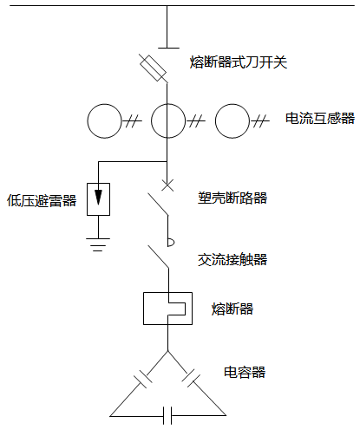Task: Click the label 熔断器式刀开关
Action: (x=238, y=62)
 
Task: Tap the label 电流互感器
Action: (x=320, y=119)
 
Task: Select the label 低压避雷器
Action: (x=41, y=201)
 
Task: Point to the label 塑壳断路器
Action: (x=232, y=198)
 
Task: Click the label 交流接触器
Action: (x=232, y=259)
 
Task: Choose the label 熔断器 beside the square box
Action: (x=232, y=309)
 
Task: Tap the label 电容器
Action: (x=245, y=373)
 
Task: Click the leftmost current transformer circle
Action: (x=103, y=120)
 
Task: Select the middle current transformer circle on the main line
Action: (x=167, y=120)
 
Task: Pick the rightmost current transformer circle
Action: (x=232, y=120)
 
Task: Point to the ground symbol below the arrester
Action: (x=101, y=243)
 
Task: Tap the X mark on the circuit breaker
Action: (x=167, y=184)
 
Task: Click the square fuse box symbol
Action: (x=167, y=308)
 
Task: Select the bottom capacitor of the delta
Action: (x=169, y=415)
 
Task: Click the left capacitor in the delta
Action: (x=141, y=380)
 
